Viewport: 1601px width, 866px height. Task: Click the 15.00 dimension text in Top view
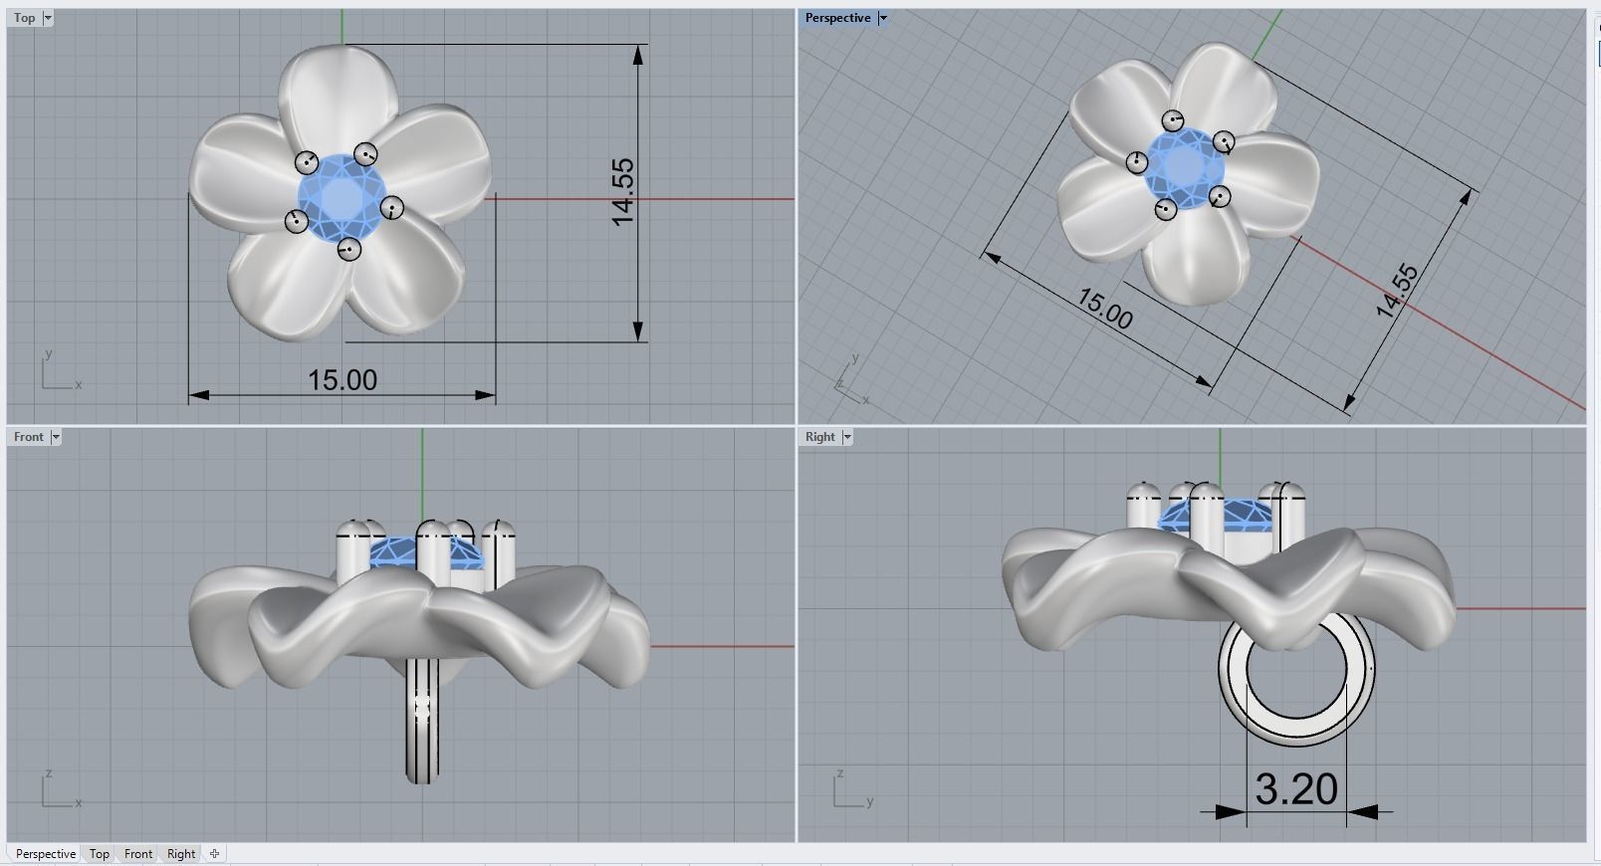pyautogui.click(x=342, y=380)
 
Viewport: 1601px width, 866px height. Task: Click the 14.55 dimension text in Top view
pyautogui.click(x=622, y=192)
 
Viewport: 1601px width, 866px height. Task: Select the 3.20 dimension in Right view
pyautogui.click(x=1295, y=789)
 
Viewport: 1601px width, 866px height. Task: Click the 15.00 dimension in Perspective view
pyautogui.click(x=1103, y=309)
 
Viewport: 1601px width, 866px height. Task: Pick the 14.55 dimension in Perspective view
pyautogui.click(x=1396, y=291)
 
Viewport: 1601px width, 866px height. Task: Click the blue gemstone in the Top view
pyautogui.click(x=342, y=196)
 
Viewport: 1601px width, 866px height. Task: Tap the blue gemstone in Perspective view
pyautogui.click(x=1185, y=164)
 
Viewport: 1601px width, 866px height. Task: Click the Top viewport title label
pyautogui.click(x=24, y=18)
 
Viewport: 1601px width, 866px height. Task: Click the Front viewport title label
pyautogui.click(x=28, y=437)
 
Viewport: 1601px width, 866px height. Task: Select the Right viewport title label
pyautogui.click(x=819, y=437)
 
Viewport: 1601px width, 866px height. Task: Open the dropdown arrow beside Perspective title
pyautogui.click(x=882, y=18)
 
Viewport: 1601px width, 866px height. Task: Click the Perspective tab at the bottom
pyautogui.click(x=45, y=854)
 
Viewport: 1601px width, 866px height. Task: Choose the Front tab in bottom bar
pyautogui.click(x=138, y=854)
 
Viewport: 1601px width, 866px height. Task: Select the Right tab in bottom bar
pyautogui.click(x=181, y=854)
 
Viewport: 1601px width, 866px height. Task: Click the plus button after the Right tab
pyautogui.click(x=214, y=854)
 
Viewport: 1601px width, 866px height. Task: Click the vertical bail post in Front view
pyautogui.click(x=422, y=727)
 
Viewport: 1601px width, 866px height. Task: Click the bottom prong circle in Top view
pyautogui.click(x=348, y=249)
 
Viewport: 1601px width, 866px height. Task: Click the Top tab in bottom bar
pyautogui.click(x=99, y=854)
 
